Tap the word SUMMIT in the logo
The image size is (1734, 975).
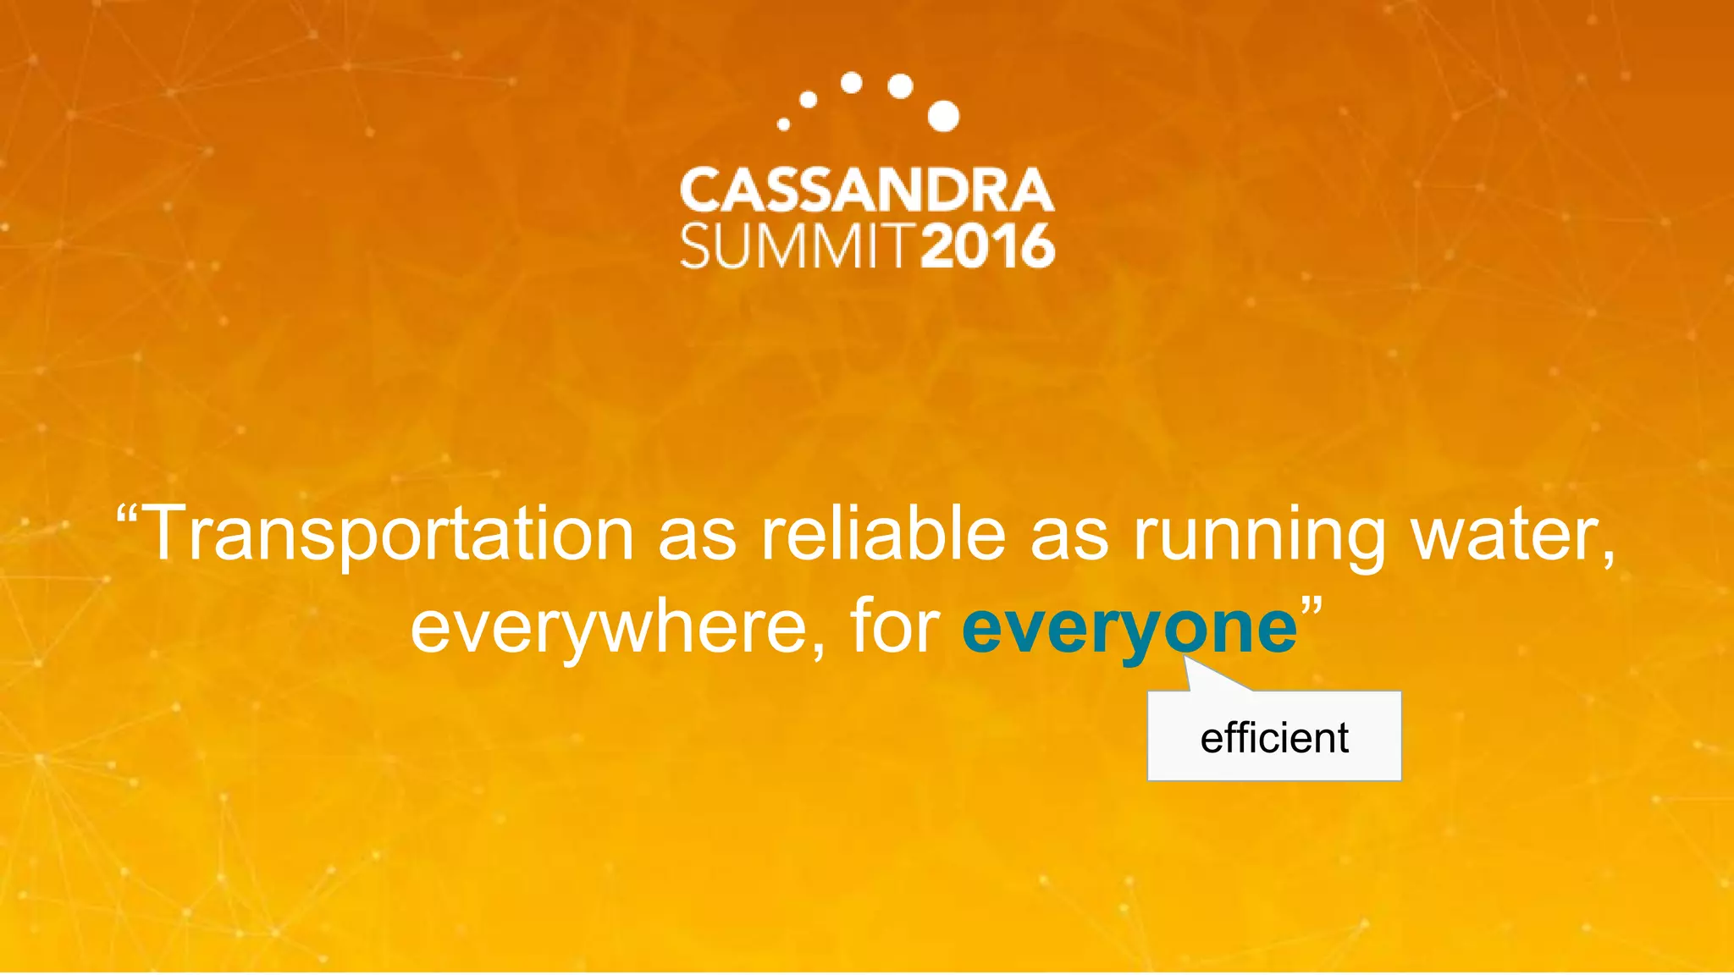797,246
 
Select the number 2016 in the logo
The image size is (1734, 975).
988,246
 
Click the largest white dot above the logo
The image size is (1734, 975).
943,116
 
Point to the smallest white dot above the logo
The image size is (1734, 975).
783,124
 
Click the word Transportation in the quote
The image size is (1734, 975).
390,533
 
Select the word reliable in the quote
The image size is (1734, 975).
883,533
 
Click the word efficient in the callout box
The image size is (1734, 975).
1274,737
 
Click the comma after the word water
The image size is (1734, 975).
1606,559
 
